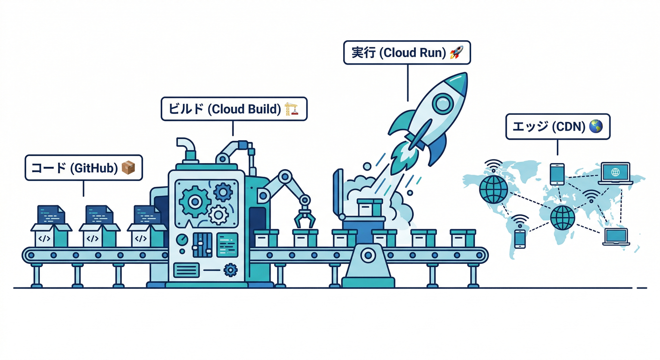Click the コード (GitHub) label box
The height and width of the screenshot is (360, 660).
click(83, 168)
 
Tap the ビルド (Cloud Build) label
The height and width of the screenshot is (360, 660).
click(233, 109)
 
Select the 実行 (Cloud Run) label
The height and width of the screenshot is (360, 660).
click(406, 52)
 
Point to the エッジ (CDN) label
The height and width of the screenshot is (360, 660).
click(557, 127)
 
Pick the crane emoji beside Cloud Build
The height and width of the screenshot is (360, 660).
click(291, 109)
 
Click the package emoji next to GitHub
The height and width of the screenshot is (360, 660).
click(128, 168)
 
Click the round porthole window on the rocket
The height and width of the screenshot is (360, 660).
click(442, 104)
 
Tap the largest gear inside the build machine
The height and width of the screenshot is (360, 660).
click(194, 201)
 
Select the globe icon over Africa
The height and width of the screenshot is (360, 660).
click(562, 217)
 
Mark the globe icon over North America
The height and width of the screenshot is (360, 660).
click(493, 189)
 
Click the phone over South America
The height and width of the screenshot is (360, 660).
click(520, 238)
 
